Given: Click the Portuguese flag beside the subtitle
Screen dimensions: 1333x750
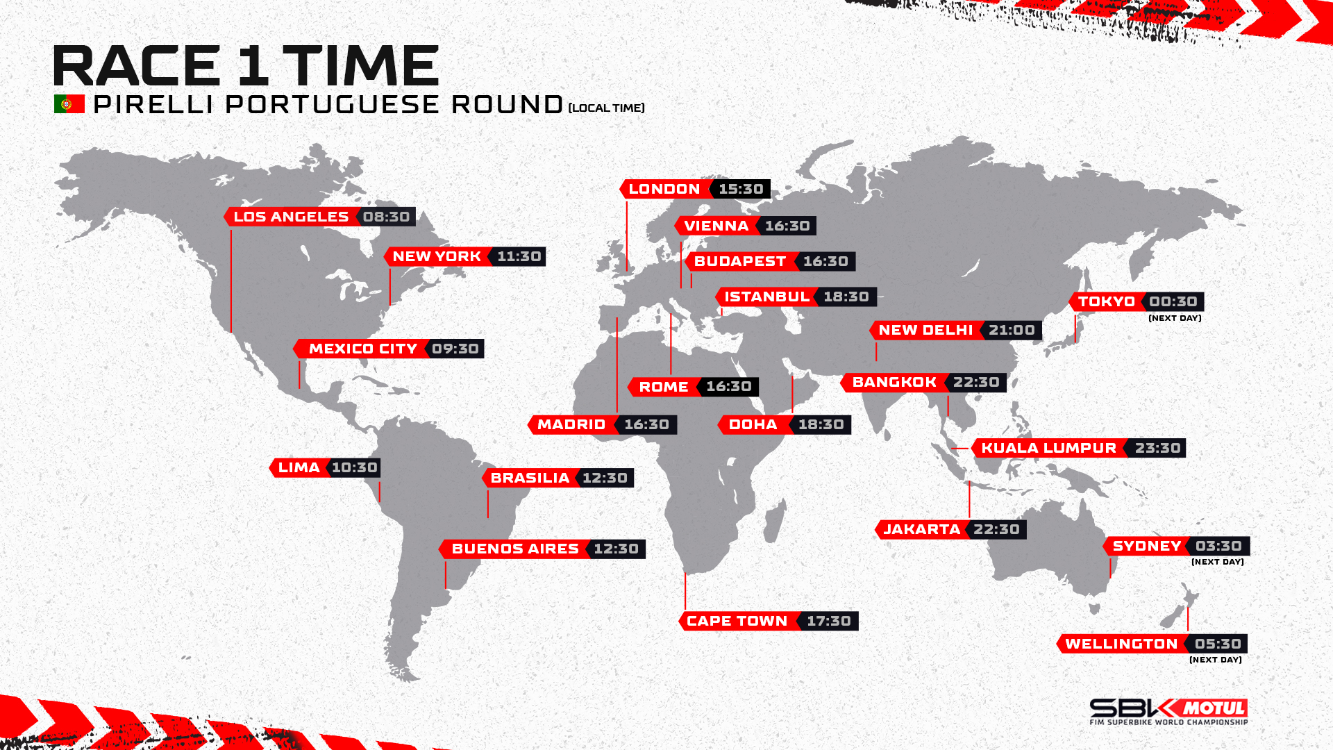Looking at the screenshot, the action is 69,104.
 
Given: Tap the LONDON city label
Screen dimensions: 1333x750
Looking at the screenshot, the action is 664,189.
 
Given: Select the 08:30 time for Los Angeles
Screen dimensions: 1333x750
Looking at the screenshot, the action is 386,217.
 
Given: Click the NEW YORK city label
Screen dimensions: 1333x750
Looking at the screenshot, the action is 437,256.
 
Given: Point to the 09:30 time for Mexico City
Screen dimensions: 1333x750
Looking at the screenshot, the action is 455,349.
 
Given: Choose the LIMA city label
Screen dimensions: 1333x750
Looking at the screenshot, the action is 299,467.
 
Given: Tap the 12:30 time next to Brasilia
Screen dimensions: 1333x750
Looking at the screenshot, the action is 605,478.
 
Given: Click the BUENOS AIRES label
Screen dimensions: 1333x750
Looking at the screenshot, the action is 515,549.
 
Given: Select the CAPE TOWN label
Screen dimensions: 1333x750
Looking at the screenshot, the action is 737,621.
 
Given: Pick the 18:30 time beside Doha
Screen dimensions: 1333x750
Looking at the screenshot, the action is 821,424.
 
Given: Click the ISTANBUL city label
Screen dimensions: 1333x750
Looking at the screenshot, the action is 767,297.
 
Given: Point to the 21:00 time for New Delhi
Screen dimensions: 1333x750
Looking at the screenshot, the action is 1012,330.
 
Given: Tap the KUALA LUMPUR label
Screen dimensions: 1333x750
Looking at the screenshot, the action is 1049,448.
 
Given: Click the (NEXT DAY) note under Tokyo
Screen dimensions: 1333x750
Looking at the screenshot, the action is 1175,318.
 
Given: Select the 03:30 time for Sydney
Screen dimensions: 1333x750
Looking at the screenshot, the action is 1218,546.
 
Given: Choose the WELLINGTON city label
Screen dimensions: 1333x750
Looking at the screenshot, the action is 1121,644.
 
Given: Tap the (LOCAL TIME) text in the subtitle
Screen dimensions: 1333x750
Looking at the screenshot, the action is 607,108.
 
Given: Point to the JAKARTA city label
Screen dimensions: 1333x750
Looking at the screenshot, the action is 922,529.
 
